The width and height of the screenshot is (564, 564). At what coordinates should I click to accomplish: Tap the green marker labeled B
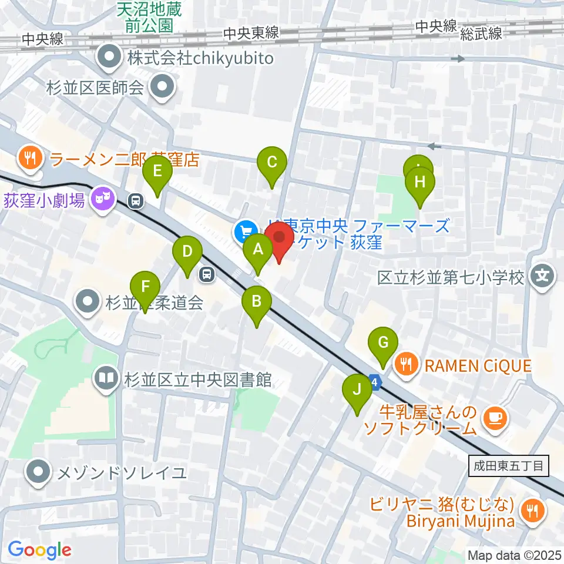257,301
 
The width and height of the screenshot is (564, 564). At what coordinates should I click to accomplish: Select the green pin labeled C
272,162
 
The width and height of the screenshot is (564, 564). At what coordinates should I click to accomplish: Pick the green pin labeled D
187,252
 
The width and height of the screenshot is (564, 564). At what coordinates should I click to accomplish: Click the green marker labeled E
157,171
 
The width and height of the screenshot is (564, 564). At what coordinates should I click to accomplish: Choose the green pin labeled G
383,342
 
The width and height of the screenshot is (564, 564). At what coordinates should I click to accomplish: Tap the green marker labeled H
419,182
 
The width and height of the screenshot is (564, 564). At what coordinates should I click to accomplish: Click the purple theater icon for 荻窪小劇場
104,199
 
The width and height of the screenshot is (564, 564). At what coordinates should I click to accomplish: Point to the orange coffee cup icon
493,418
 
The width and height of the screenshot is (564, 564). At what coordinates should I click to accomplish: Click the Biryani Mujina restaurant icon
533,511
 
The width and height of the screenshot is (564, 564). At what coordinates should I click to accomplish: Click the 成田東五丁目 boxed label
509,467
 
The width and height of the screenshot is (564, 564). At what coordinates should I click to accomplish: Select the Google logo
39,550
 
